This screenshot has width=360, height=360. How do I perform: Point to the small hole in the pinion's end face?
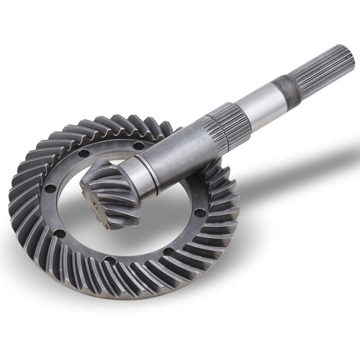(95, 204)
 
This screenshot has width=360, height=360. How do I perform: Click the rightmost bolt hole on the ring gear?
(200, 211)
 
